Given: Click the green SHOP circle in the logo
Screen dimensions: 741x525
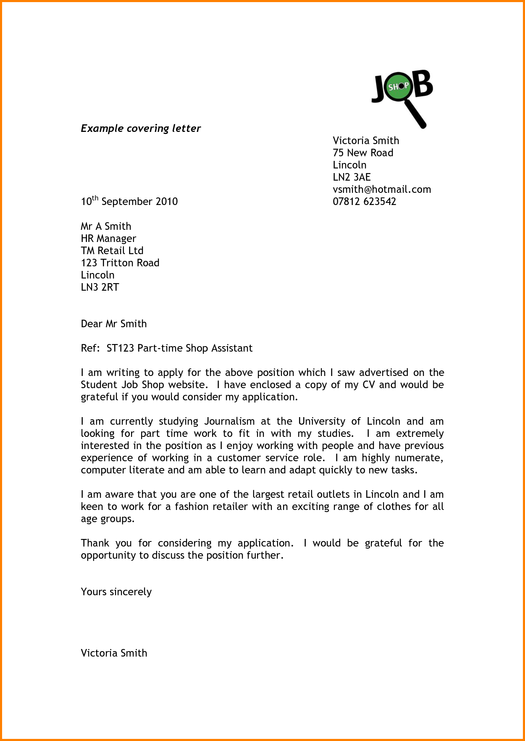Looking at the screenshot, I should pyautogui.click(x=397, y=87).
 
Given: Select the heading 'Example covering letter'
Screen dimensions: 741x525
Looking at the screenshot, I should pyautogui.click(x=141, y=129).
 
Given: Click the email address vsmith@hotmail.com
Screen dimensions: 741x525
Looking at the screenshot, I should pyautogui.click(x=382, y=189).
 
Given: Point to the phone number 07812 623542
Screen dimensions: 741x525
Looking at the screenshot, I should pyautogui.click(x=364, y=202).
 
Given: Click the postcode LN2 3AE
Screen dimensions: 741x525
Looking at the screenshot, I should pyautogui.click(x=352, y=177).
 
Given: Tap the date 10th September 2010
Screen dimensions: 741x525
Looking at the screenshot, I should pyautogui.click(x=129, y=202).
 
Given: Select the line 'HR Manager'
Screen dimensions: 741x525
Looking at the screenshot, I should pyautogui.click(x=108, y=239).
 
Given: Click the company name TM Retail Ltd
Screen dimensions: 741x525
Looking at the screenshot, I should pyautogui.click(x=112, y=251).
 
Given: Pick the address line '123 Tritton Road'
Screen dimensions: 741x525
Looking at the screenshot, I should pyautogui.click(x=120, y=263).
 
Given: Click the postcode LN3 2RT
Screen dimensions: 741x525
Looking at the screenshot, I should pyautogui.click(x=100, y=287).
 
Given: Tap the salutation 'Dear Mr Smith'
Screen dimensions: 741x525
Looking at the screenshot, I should pyautogui.click(x=114, y=324).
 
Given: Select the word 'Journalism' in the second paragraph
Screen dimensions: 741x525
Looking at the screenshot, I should pyautogui.click(x=229, y=421).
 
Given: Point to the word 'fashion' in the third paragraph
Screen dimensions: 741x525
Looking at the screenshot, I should pyautogui.click(x=192, y=507).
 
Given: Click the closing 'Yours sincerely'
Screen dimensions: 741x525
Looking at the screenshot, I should pyautogui.click(x=116, y=592).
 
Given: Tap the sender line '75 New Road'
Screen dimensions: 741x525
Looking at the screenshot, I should pyautogui.click(x=363, y=153).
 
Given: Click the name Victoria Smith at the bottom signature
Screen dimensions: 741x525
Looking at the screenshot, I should pyautogui.click(x=114, y=653).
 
